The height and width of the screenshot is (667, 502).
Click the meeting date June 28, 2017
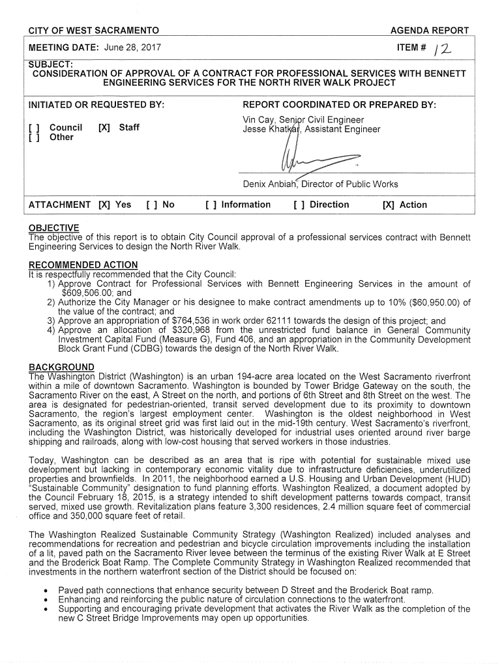click(x=131, y=48)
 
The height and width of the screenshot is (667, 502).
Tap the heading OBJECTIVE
click(x=54, y=227)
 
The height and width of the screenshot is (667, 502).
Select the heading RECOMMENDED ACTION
click(x=83, y=264)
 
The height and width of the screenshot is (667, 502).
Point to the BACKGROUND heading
click(x=62, y=367)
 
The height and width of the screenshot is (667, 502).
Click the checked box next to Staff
click(x=102, y=128)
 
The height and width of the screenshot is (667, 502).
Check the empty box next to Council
click(x=34, y=128)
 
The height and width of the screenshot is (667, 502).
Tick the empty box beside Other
click(x=34, y=137)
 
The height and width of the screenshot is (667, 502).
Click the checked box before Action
click(x=389, y=205)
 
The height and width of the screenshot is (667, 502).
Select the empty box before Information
click(x=210, y=205)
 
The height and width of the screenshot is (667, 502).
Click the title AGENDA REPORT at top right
click(x=429, y=31)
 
